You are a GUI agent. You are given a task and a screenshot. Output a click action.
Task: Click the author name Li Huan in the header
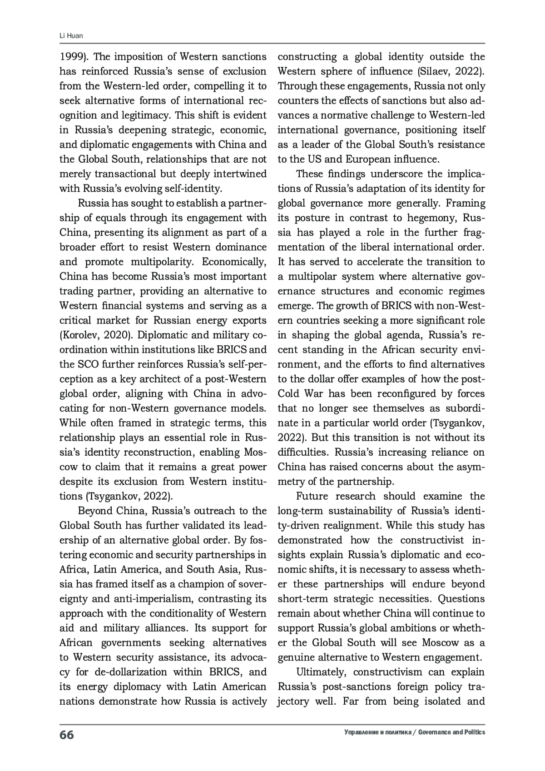(x=71, y=36)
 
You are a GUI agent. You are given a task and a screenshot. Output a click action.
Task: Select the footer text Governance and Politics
(x=452, y=732)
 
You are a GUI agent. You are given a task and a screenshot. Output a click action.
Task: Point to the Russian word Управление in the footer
(x=360, y=732)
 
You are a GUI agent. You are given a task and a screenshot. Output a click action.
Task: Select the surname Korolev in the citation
(x=80, y=335)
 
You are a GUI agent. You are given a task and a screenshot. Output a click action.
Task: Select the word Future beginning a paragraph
(x=316, y=496)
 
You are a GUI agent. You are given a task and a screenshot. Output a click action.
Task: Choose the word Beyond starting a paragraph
(x=96, y=511)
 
